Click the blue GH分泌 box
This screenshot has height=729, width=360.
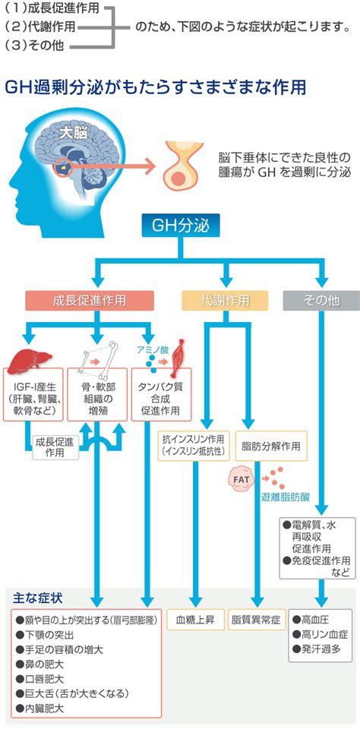pyautogui.click(x=181, y=226)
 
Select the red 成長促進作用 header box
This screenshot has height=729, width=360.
pyautogui.click(x=90, y=301)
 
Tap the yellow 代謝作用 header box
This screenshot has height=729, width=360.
pyautogui.click(x=225, y=301)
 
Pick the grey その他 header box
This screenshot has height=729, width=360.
pyautogui.click(x=321, y=301)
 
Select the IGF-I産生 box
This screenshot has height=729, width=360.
pyautogui.click(x=33, y=394)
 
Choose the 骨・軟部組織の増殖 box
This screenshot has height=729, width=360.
pyautogui.click(x=97, y=394)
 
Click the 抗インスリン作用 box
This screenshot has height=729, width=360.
pyautogui.click(x=194, y=446)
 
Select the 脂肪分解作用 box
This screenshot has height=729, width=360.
pyautogui.click(x=271, y=446)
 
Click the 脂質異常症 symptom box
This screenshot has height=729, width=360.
pyautogui.click(x=256, y=620)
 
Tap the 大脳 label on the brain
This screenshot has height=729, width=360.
pyautogui.click(x=74, y=134)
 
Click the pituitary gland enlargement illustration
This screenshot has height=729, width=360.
pyautogui.click(x=183, y=166)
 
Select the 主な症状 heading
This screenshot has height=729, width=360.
pyautogui.click(x=39, y=598)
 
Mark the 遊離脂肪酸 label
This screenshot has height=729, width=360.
pyautogui.click(x=285, y=497)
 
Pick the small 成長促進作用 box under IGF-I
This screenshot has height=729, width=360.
pyautogui.click(x=55, y=447)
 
